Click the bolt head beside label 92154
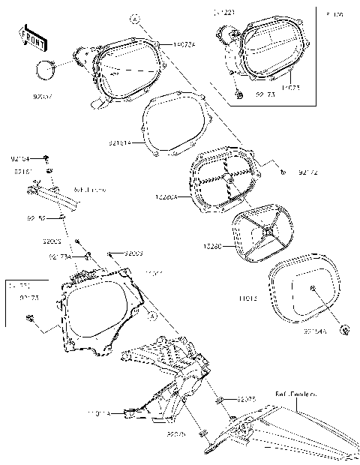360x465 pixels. pyautogui.click(x=46, y=157)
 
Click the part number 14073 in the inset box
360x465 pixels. pyautogui.click(x=291, y=86)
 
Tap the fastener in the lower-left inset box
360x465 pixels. pyautogui.click(x=30, y=319)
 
